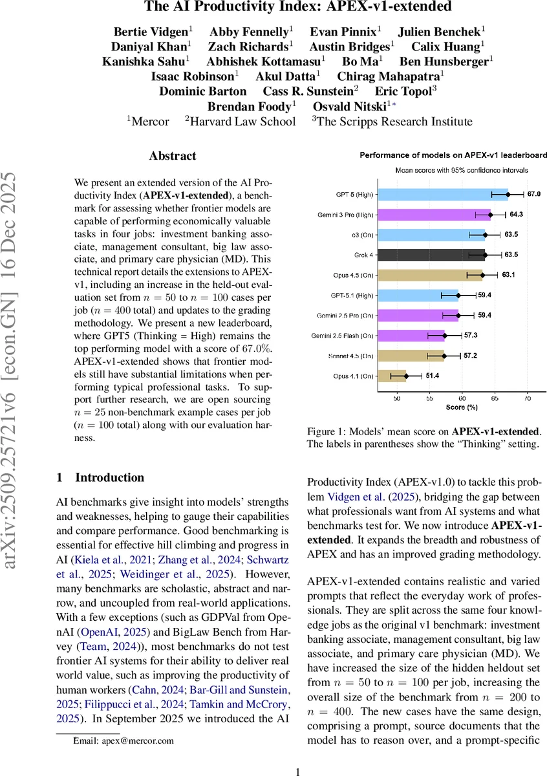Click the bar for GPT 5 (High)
[442, 194]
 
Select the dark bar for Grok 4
[431, 254]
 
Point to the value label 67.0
[534, 194]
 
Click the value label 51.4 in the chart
[431, 376]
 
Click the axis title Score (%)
[462, 409]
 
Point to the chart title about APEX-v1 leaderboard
[453, 155]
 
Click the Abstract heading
[173, 156]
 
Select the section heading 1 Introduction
[100, 478]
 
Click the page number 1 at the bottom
[298, 771]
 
